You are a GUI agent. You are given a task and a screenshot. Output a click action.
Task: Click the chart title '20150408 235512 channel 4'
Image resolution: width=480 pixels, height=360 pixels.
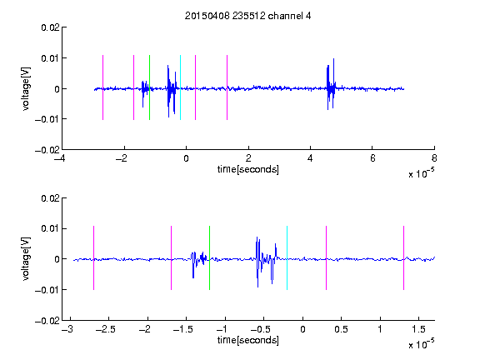pyautogui.click(x=247, y=16)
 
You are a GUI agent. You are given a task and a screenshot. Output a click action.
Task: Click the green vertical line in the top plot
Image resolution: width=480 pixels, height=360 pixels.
pyautogui.click(x=149, y=87)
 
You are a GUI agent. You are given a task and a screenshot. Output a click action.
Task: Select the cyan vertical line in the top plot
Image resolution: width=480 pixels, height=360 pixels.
pyautogui.click(x=180, y=87)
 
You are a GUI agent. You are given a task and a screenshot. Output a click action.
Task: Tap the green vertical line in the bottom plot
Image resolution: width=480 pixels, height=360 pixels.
pyautogui.click(x=209, y=257)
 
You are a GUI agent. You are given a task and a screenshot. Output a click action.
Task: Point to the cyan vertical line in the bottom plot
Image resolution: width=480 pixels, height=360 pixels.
pyautogui.click(x=287, y=257)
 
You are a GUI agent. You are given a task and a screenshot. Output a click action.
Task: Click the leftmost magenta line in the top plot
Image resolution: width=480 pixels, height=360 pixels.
pyautogui.click(x=102, y=87)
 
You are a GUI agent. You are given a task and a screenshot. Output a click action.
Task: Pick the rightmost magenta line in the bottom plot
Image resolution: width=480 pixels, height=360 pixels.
pyautogui.click(x=404, y=257)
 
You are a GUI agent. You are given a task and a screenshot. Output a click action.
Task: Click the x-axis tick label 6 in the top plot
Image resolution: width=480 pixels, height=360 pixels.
pyautogui.click(x=372, y=158)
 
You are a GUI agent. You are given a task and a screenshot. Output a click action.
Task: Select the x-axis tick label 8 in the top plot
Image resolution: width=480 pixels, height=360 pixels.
pyautogui.click(x=434, y=158)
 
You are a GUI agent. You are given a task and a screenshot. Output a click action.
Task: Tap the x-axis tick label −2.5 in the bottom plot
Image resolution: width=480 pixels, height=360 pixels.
pyautogui.click(x=105, y=329)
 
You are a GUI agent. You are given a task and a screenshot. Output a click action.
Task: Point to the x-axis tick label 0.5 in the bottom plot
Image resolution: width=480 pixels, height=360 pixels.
pyautogui.click(x=341, y=329)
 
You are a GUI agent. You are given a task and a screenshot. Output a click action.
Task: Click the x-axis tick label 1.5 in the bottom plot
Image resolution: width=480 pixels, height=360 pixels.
pyautogui.click(x=418, y=329)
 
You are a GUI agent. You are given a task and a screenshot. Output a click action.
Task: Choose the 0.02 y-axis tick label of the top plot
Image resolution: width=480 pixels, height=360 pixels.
pyautogui.click(x=51, y=27)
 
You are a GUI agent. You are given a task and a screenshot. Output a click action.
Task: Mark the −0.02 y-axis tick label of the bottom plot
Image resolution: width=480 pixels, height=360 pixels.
pyautogui.click(x=47, y=321)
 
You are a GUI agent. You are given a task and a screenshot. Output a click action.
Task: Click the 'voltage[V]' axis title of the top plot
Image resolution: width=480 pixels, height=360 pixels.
pyautogui.click(x=26, y=89)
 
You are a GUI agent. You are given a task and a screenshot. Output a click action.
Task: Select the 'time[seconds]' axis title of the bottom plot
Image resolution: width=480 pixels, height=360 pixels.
pyautogui.click(x=248, y=340)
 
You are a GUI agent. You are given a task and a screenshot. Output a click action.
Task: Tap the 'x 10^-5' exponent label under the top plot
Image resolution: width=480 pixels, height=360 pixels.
pyautogui.click(x=421, y=173)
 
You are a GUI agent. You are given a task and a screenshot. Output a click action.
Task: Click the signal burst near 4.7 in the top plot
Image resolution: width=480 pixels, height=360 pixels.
pyautogui.click(x=331, y=84)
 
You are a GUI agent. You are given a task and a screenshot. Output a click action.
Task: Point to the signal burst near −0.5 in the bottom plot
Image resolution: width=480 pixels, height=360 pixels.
pyautogui.click(x=267, y=262)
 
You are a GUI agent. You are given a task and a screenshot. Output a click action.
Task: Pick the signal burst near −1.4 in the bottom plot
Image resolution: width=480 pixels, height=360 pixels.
pyautogui.click(x=198, y=265)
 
